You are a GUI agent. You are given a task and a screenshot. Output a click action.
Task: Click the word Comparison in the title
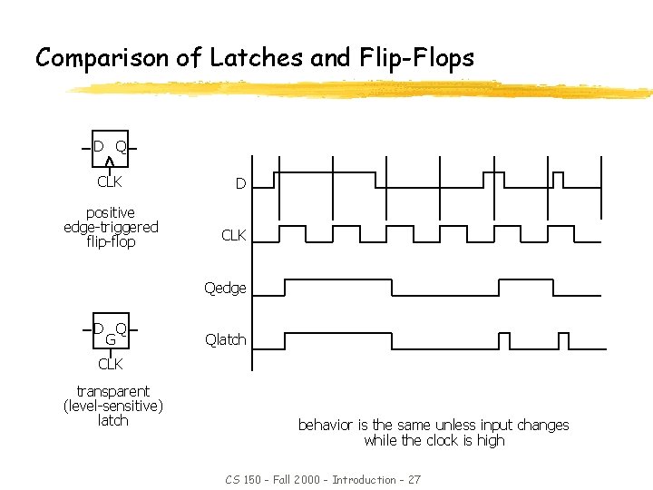103,58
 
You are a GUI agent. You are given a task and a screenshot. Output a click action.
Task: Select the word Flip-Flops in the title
417,58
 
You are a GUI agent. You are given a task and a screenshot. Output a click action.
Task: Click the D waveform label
240,184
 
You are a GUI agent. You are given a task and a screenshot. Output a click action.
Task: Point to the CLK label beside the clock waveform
234,236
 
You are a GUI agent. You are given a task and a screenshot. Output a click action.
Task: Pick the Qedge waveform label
225,288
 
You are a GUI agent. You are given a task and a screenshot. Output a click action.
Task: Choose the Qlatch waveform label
225,339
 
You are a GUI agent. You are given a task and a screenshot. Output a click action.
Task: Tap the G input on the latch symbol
110,339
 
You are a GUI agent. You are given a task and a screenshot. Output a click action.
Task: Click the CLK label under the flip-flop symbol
110,181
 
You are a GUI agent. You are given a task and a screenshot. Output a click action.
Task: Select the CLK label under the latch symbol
110,364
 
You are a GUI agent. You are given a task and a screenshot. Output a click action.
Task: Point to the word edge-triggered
111,227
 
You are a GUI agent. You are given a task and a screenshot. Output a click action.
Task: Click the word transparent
113,391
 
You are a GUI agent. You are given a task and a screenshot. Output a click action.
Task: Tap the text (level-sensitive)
113,406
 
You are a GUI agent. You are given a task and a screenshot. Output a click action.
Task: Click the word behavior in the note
326,425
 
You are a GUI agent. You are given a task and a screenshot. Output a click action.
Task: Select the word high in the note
490,440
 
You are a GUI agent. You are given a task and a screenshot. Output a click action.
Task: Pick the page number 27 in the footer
414,479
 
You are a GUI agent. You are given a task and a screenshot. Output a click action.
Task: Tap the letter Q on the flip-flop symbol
121,146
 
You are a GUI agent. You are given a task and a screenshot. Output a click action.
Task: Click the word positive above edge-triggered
111,212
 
